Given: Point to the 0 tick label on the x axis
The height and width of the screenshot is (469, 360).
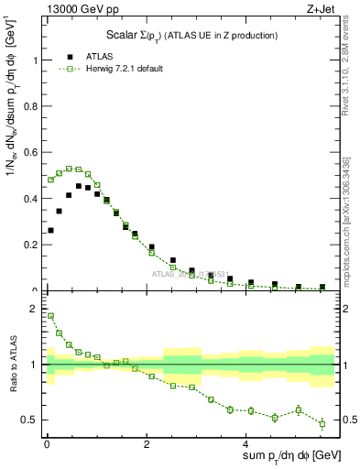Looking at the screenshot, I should pyautogui.click(x=47, y=445).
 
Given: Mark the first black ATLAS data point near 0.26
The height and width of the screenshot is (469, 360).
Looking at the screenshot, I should pyautogui.click(x=50, y=230).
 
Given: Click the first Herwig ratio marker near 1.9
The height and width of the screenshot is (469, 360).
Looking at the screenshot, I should pyautogui.click(x=50, y=315).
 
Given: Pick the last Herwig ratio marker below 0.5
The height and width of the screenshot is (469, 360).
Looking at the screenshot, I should pyautogui.click(x=322, y=423).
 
